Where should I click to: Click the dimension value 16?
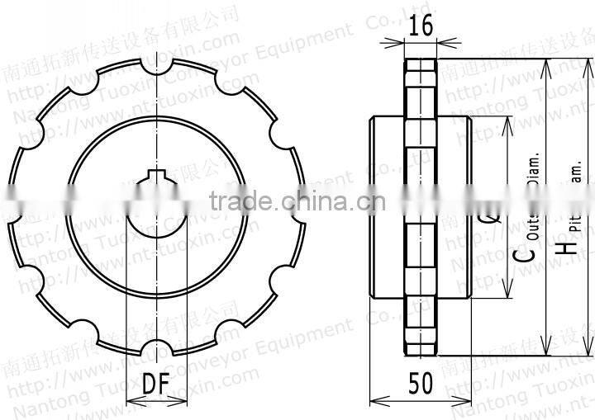(421, 26)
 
